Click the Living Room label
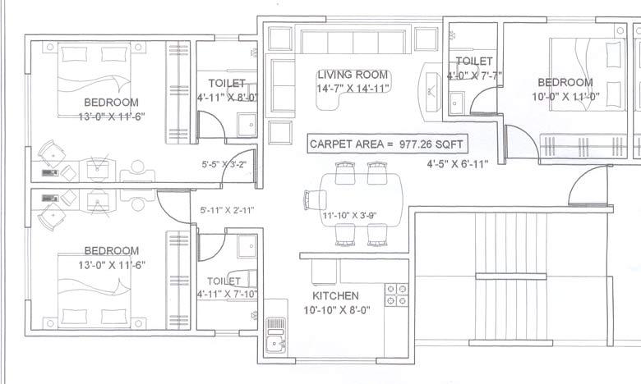[x=353, y=75]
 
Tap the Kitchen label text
[x=334, y=295]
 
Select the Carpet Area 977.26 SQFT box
[x=387, y=144]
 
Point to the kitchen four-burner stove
[x=397, y=295]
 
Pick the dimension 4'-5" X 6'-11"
[x=457, y=164]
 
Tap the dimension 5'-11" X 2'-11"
[x=228, y=211]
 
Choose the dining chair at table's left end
[x=312, y=199]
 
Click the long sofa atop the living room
[x=353, y=41]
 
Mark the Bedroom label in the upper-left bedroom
[x=111, y=102]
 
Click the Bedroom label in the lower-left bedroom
[x=111, y=250]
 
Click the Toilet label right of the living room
[x=474, y=62]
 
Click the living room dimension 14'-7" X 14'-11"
[x=353, y=89]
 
